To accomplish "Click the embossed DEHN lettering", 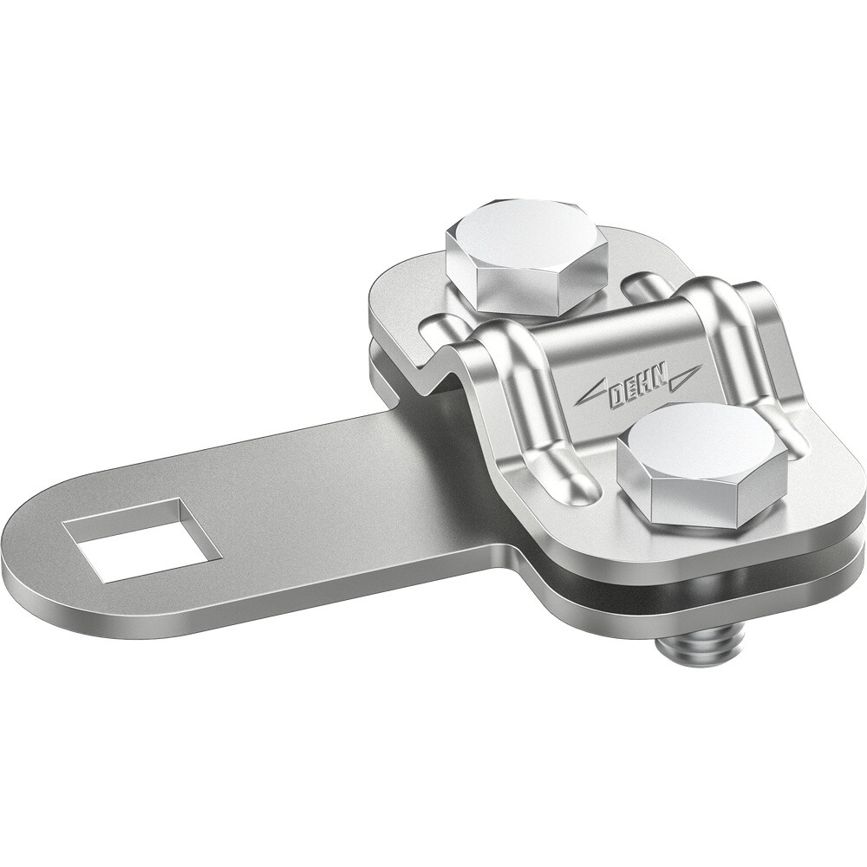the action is pos(637,388).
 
